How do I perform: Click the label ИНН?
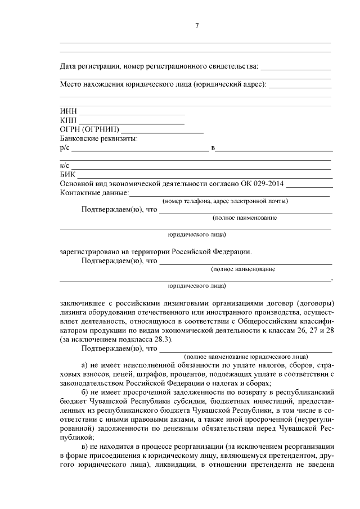68,111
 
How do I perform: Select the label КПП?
69,120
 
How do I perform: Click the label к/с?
65,165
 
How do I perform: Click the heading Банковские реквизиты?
99,138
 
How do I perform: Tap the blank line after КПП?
131,123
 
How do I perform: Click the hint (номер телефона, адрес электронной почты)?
225,201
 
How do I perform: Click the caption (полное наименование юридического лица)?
246,356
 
